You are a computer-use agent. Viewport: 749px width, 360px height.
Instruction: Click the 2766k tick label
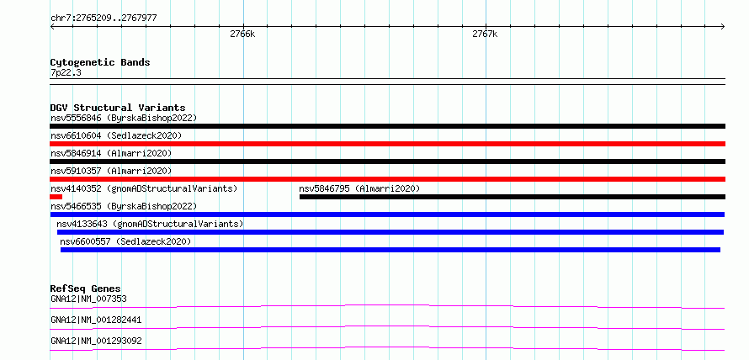(x=242, y=34)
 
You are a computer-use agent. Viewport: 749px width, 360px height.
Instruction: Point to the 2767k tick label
(x=485, y=34)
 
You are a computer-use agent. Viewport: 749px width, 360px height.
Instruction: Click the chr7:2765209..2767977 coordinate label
(x=104, y=19)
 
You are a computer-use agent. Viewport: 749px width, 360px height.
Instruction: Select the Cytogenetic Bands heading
(x=100, y=62)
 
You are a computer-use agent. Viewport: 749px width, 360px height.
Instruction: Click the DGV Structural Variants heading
(x=118, y=108)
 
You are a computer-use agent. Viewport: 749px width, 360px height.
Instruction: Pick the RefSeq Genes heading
(x=86, y=289)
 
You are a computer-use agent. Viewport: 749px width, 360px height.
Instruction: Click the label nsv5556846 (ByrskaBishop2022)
(x=124, y=118)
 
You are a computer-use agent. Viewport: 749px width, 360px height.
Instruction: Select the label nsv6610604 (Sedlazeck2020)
(x=116, y=135)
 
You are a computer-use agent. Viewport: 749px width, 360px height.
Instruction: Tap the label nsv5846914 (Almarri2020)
(x=111, y=153)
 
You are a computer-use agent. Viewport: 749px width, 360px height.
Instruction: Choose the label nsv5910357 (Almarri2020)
(x=111, y=171)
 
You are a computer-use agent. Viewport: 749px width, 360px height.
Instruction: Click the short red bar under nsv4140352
(x=56, y=197)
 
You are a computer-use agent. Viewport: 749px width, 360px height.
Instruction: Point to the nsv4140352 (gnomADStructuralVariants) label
(x=144, y=188)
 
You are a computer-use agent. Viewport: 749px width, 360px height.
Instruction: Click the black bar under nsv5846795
(x=512, y=197)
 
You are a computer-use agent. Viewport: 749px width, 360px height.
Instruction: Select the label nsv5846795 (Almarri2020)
(x=359, y=188)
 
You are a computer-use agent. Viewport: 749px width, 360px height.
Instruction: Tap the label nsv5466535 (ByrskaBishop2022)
(x=124, y=206)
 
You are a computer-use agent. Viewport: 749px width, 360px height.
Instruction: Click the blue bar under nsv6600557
(x=390, y=250)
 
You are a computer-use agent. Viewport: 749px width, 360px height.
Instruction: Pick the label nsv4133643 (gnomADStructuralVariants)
(x=150, y=224)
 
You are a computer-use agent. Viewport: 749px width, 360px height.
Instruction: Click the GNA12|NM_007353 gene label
(x=88, y=299)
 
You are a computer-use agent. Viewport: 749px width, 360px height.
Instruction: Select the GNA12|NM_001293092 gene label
(x=96, y=341)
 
